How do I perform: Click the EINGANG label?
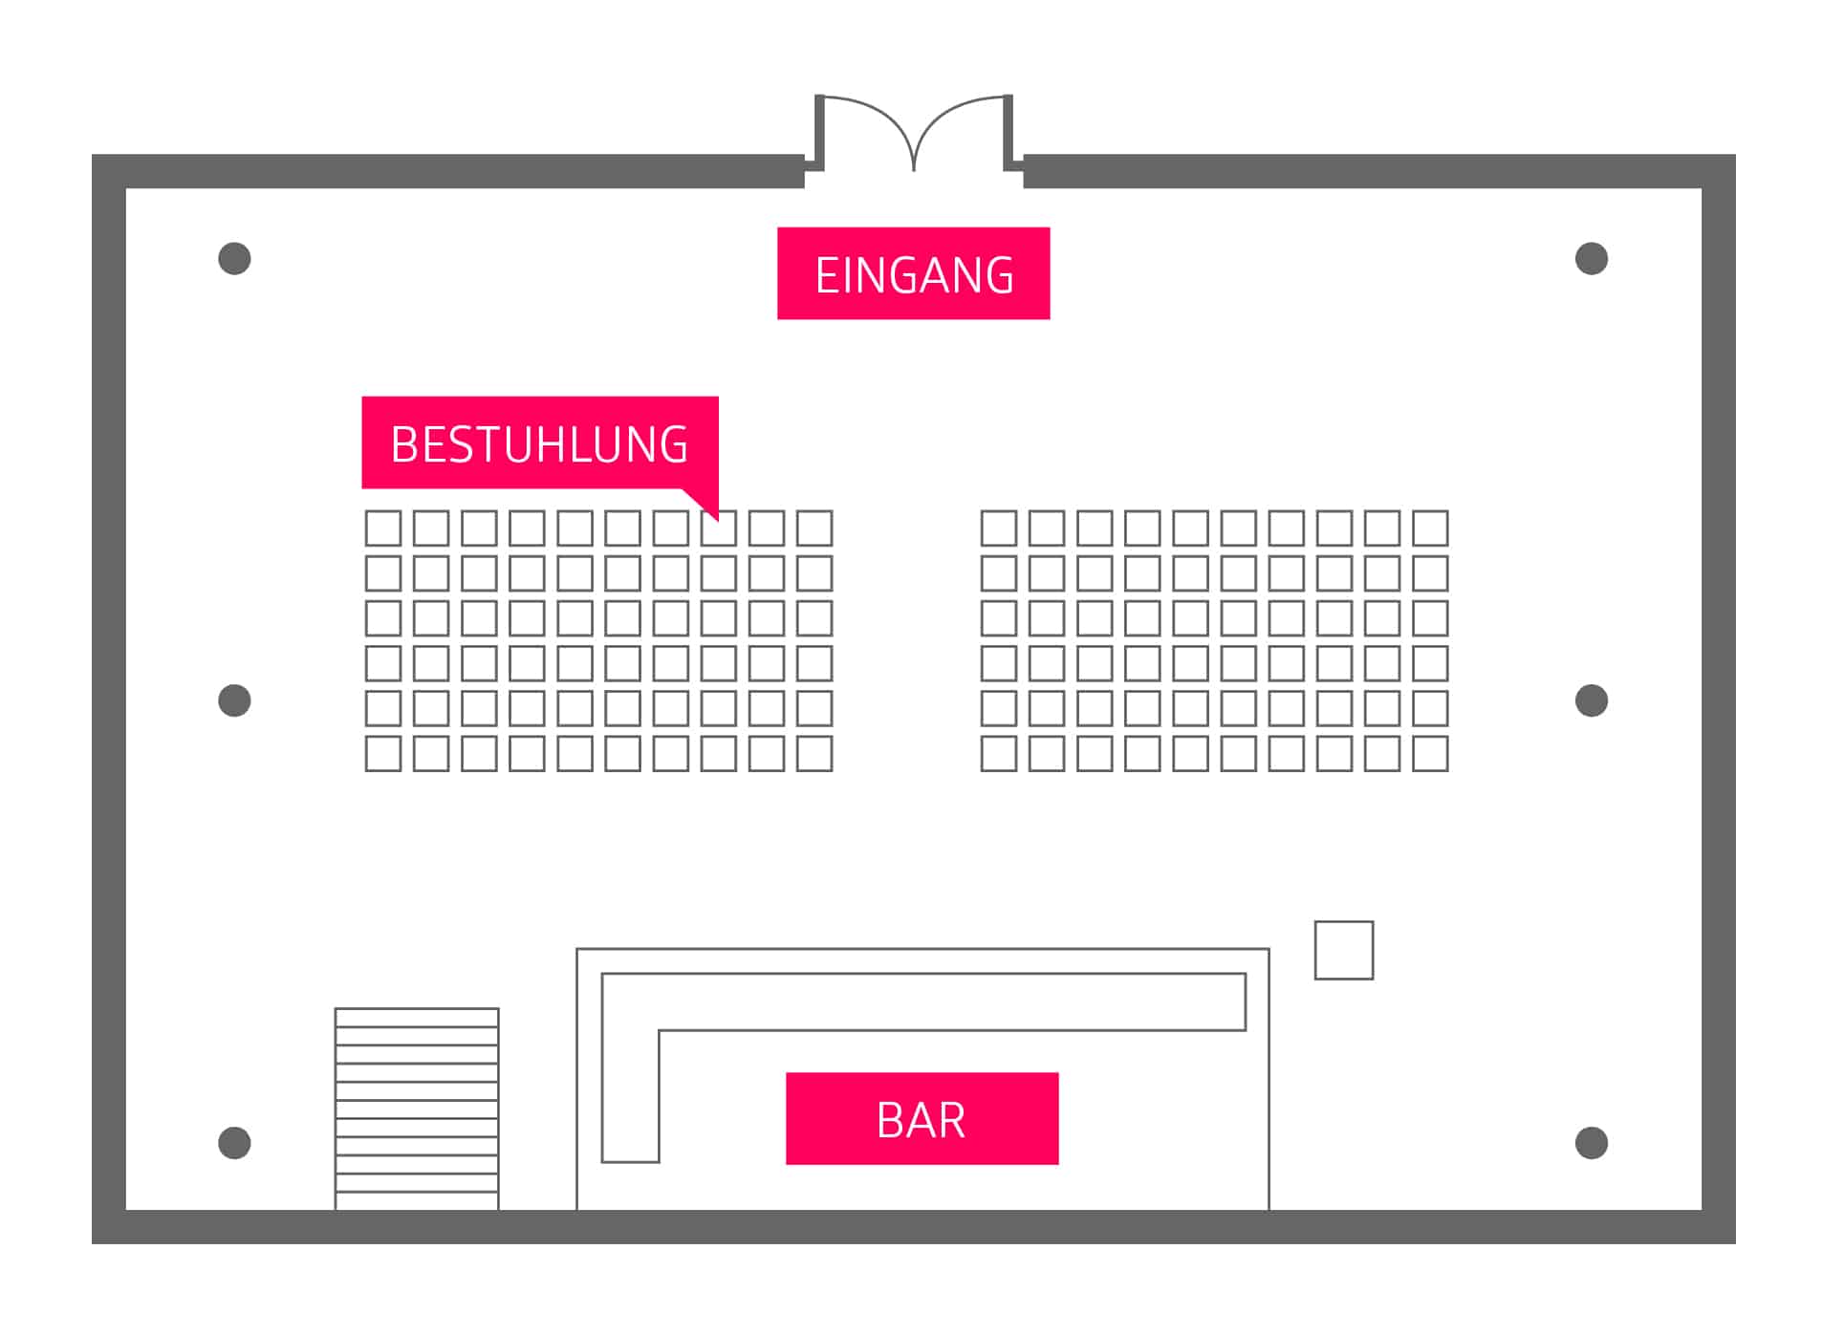tap(913, 273)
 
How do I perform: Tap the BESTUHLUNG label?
tap(539, 442)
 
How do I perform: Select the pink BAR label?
tap(922, 1118)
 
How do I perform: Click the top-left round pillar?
tap(234, 258)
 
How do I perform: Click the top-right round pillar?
tap(1591, 258)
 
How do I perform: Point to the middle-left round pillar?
tap(234, 700)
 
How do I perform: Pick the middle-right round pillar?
tap(1591, 700)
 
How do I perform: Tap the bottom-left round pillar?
tap(234, 1142)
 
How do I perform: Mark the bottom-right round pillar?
tap(1591, 1142)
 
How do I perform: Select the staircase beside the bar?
tap(417, 1109)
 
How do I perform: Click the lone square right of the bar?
tap(1343, 950)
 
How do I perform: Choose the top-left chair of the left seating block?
tap(383, 528)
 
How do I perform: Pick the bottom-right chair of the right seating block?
tap(1430, 753)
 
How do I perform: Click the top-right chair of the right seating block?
tap(1430, 528)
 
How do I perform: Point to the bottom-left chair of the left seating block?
tap(383, 753)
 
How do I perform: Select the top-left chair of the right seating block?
tap(999, 528)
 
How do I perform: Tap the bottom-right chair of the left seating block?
tap(814, 753)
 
